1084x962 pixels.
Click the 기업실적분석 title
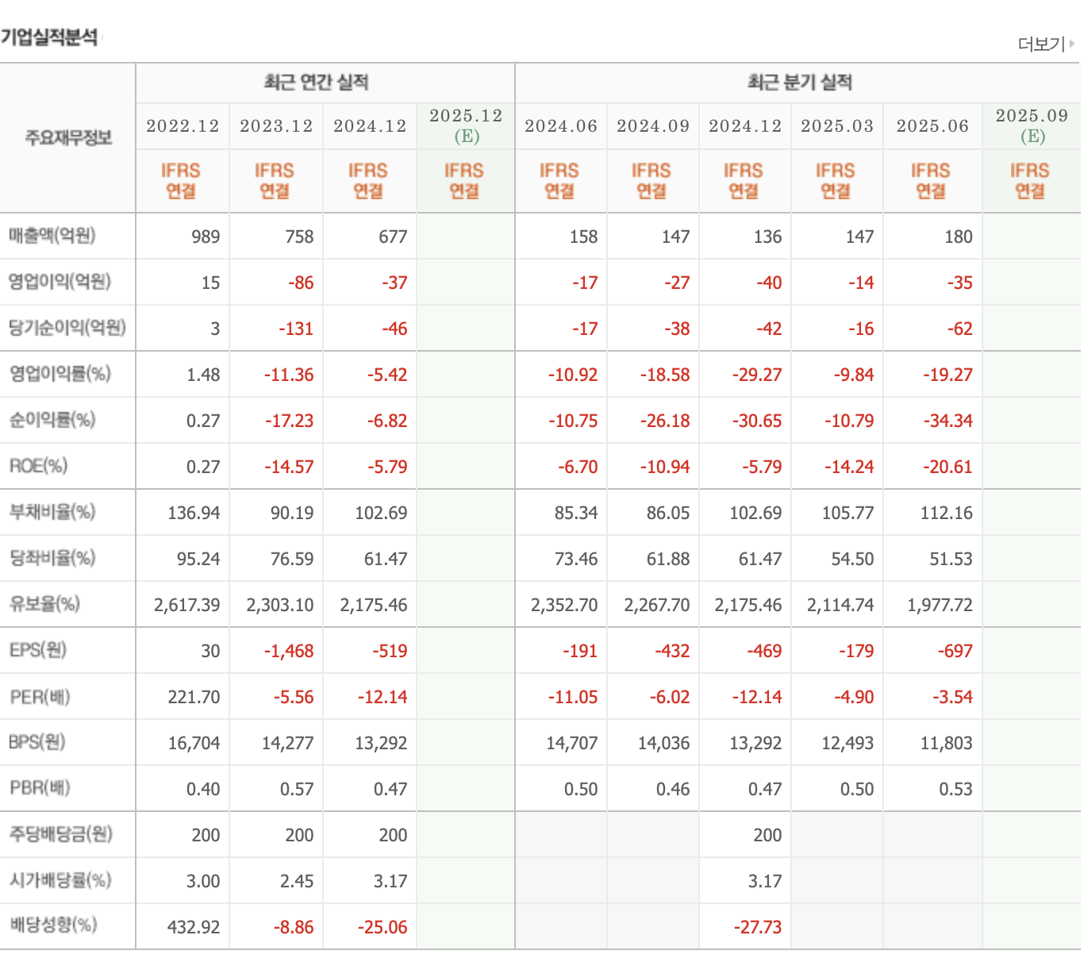point(49,37)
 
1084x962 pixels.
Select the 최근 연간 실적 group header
point(316,83)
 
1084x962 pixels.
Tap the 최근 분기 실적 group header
point(799,83)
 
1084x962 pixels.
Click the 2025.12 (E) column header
point(466,125)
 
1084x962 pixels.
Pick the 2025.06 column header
point(932,125)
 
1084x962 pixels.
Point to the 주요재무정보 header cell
point(68,137)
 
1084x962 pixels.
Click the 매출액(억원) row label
point(52,236)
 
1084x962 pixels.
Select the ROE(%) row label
point(39,466)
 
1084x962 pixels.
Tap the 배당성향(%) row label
point(53,925)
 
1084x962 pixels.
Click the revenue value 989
point(206,237)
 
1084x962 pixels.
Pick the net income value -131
point(296,329)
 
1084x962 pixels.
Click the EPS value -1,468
point(289,651)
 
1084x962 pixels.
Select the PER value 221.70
point(194,697)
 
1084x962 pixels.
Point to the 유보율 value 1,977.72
point(940,605)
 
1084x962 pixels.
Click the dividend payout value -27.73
point(758,927)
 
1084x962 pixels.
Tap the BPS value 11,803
point(946,743)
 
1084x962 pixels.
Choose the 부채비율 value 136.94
point(194,513)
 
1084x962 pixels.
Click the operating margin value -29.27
point(757,375)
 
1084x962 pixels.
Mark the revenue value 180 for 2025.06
point(959,237)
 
